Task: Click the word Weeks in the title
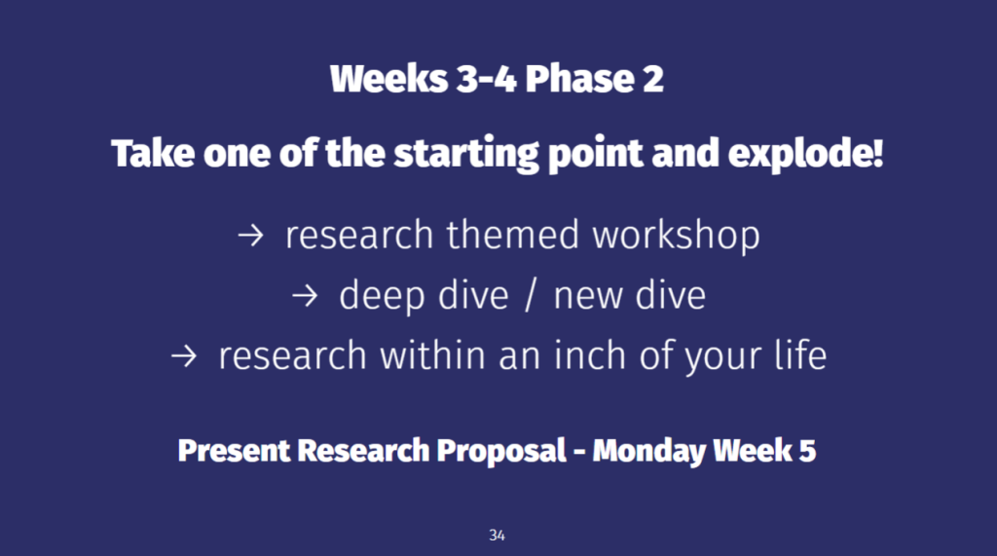[388, 79]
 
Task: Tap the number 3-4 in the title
[486, 79]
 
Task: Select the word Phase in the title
[579, 79]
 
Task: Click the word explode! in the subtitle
[805, 154]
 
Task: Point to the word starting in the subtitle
[466, 154]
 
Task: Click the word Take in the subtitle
[153, 153]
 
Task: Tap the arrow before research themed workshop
[250, 236]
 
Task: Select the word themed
[512, 235]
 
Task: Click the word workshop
[676, 236]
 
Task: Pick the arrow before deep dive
[305, 296]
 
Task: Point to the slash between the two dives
[531, 296]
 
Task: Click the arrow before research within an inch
[184, 355]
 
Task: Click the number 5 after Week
[807, 451]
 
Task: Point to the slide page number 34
[498, 536]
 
